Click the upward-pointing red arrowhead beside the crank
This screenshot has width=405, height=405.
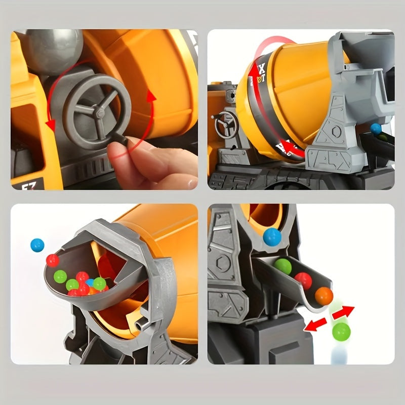(x=150, y=96)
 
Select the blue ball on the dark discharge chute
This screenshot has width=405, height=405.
(x=376, y=129)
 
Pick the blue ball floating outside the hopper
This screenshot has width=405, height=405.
(x=37, y=246)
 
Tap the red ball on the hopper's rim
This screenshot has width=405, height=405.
(x=53, y=261)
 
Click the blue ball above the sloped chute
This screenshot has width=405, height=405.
(x=272, y=235)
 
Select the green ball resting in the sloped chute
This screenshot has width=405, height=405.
(x=283, y=266)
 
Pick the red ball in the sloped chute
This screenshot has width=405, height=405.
(x=303, y=280)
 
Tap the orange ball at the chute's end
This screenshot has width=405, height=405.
(x=324, y=296)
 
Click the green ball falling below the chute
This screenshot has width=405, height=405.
(x=341, y=332)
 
